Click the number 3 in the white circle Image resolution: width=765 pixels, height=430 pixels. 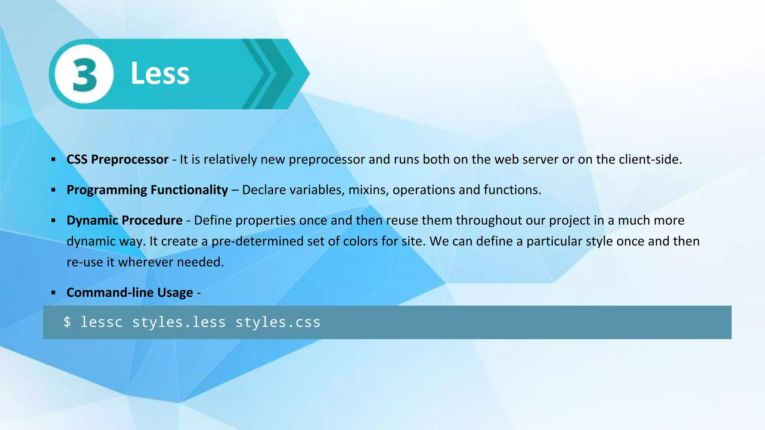click(84, 74)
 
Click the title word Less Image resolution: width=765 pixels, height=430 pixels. click(160, 73)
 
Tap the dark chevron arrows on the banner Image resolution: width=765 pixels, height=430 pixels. click(271, 74)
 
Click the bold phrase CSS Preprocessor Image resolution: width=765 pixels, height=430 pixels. click(117, 159)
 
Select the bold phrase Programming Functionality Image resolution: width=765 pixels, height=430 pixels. click(147, 190)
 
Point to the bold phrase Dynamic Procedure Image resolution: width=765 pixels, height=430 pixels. click(124, 220)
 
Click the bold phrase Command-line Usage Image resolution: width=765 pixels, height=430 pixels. click(130, 293)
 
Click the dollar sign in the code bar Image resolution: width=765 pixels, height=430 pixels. click(67, 322)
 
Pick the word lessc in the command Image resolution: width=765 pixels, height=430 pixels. click(102, 322)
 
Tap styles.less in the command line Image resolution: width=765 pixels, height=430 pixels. click(179, 322)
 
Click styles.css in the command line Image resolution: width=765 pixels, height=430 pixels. click(278, 322)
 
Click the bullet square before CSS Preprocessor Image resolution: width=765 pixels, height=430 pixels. click(53, 160)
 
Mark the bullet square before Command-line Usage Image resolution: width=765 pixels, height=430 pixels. click(53, 293)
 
